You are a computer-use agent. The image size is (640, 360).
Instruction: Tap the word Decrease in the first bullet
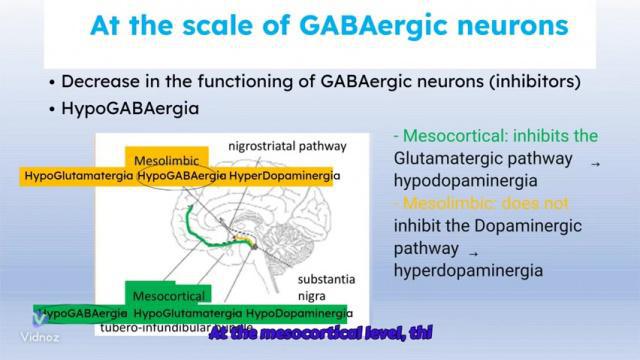pos(100,81)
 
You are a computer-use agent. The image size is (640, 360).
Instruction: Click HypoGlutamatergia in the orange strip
pos(80,176)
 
